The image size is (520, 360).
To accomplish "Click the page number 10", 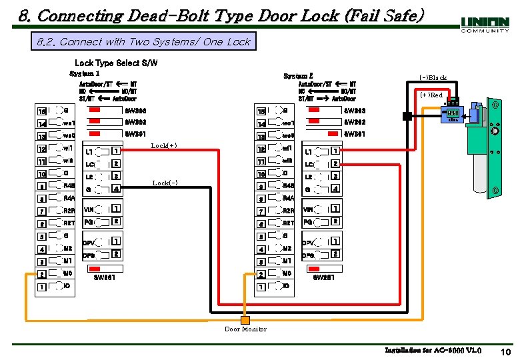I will [x=505, y=352].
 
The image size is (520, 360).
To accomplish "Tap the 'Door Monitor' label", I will [x=245, y=329].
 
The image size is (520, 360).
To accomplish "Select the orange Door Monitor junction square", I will [x=245, y=319].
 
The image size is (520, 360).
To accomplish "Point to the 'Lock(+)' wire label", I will [x=164, y=145].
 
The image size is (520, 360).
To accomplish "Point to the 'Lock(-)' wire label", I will [x=165, y=183].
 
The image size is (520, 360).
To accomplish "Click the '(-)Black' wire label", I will [x=433, y=77].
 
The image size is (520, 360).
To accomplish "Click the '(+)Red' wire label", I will [x=431, y=95].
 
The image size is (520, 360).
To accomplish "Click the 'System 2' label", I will [x=298, y=76].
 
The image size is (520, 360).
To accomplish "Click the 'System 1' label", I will [x=85, y=73].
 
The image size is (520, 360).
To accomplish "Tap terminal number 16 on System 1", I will [x=41, y=111].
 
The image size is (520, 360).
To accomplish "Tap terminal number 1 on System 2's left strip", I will [x=261, y=287].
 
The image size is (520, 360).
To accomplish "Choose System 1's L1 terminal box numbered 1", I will [x=116, y=151].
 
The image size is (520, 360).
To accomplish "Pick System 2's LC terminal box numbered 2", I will [x=336, y=164].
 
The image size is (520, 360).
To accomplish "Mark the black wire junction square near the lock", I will [x=406, y=116].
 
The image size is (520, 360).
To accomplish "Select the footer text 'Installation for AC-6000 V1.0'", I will [x=433, y=351].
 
